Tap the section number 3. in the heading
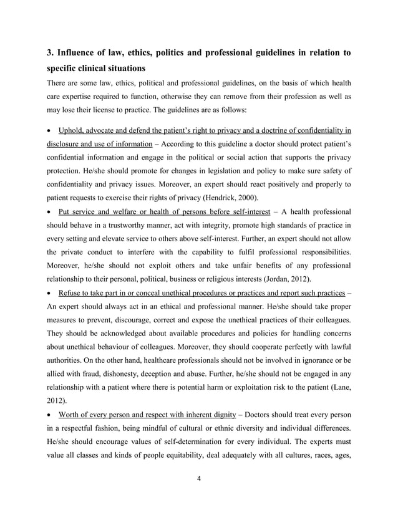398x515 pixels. pyautogui.click(x=52, y=53)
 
